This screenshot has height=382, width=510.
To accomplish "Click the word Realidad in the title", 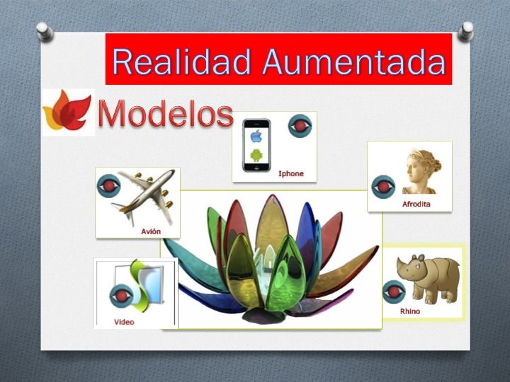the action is pos(181,62).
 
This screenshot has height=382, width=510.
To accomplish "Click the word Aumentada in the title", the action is pos(354,62).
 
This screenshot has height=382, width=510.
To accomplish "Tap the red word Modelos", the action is pos(166,113).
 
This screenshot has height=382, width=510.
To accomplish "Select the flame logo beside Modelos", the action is pos(67,111).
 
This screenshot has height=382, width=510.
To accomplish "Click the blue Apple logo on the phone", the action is pos(256,137).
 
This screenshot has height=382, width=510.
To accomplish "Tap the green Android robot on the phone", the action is pos(256,155).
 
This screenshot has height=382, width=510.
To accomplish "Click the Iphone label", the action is pos(291,173).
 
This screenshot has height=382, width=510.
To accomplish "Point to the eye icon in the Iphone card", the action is pos(300,126).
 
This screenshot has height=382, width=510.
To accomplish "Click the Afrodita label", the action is pos(416,204).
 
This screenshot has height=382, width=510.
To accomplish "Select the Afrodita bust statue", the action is pos(422,171).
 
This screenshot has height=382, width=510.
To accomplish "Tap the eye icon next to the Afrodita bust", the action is pos(383,187).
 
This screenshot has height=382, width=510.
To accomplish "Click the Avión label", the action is pos(151,231).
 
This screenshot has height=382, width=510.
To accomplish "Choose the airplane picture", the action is pos(145,197).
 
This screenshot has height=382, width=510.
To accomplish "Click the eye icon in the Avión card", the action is pos(108,186).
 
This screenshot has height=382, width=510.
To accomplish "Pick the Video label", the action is pos(124,322).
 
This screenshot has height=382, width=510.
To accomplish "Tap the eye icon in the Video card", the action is pos(121,296).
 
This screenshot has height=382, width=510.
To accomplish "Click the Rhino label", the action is pos(410,311).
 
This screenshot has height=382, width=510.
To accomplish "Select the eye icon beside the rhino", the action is pos(394,291).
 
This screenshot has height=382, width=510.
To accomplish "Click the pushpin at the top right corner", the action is pos(466,32).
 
